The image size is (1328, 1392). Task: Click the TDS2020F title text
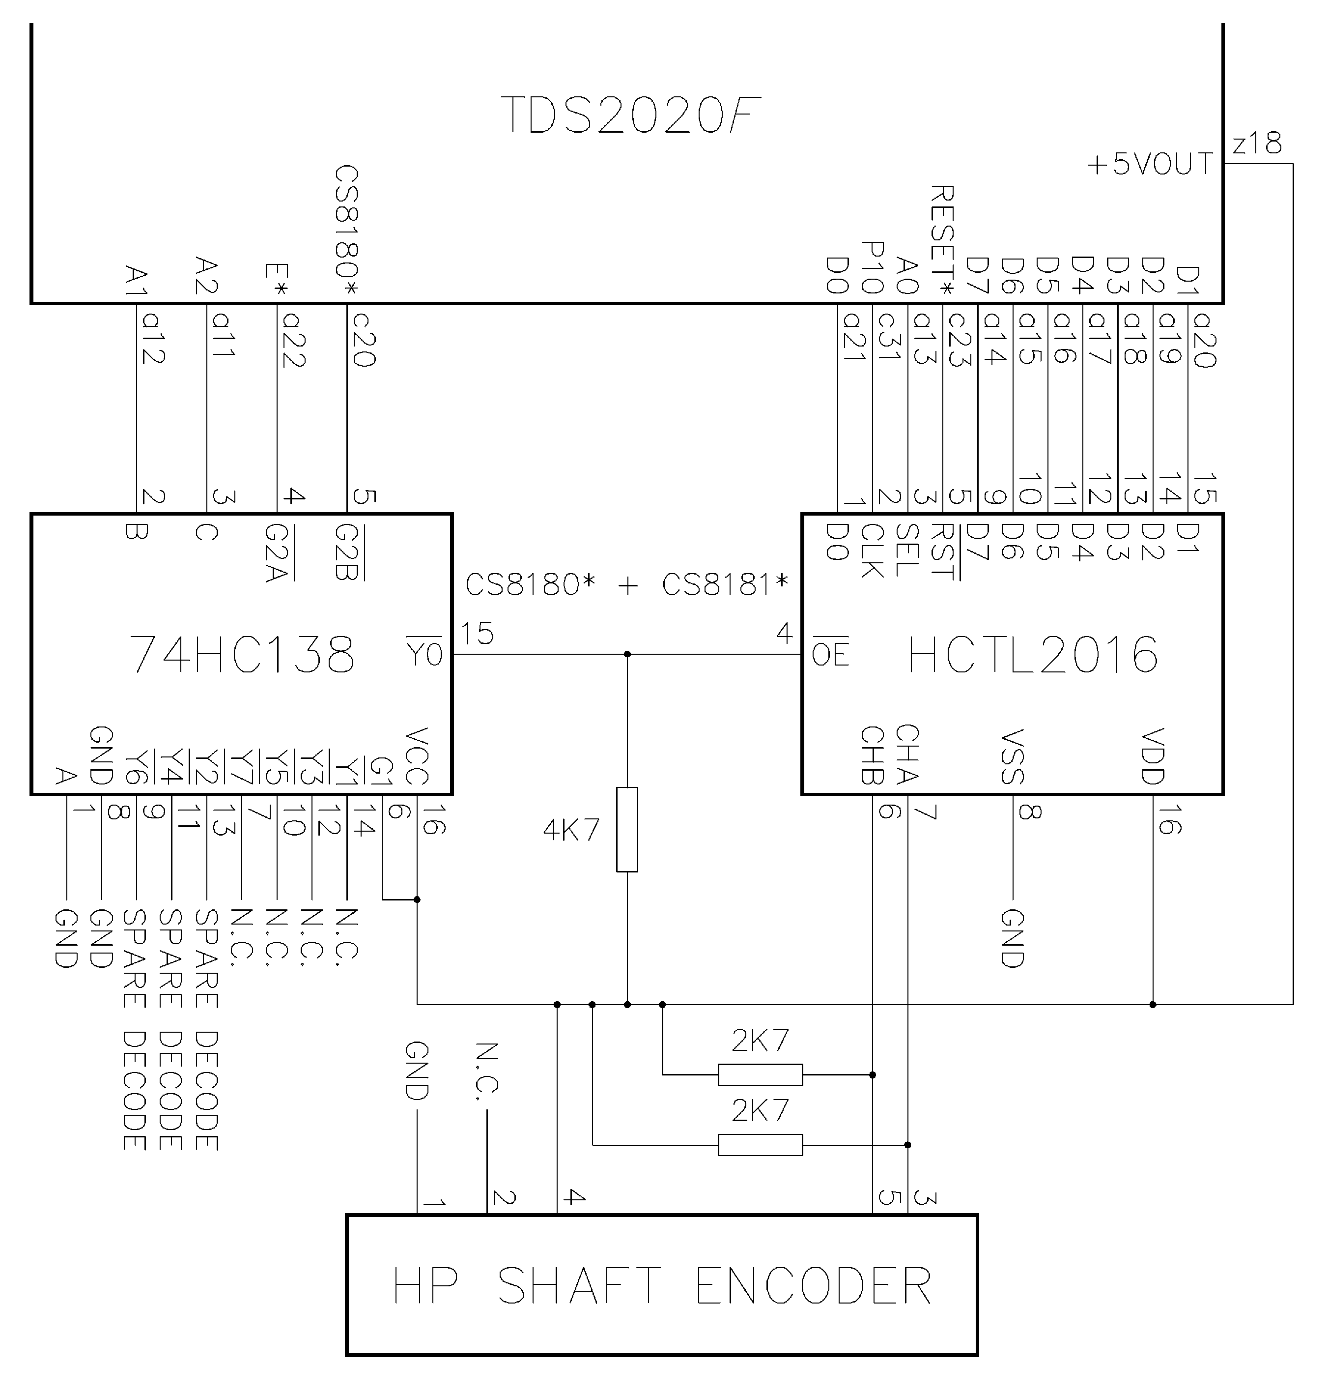630,116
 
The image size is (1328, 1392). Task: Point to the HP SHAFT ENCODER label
662,1286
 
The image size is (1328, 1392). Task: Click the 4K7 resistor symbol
627,829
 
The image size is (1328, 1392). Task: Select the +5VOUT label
1150,164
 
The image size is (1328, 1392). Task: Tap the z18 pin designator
1257,144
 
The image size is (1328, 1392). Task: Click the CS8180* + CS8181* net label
626,585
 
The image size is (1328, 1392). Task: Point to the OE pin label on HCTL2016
830,654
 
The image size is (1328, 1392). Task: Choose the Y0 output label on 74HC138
424,654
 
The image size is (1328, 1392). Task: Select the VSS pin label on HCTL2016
1013,756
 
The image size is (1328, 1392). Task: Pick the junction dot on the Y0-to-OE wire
627,654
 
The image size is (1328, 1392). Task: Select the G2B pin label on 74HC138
347,552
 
